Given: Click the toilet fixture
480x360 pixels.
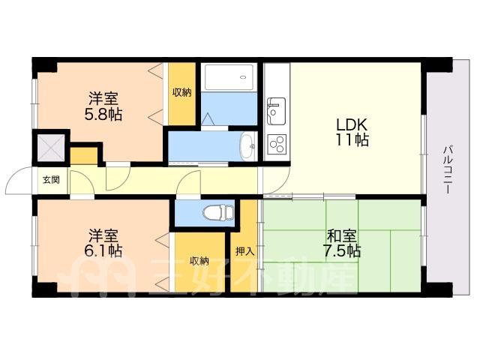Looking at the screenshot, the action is point(218,212).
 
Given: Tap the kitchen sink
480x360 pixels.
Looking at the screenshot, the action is point(276,111).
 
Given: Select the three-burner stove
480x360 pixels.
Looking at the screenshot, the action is point(277,143).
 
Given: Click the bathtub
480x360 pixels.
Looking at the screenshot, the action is point(229,76).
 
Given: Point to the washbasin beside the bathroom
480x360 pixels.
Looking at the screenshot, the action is point(248,146).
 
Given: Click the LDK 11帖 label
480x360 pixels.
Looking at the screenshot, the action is point(352,132).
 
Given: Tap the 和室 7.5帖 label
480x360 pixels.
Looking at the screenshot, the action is point(342,244).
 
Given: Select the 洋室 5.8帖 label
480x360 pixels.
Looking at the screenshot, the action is point(103,106).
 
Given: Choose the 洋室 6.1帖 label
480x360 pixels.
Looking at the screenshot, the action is point(103,243).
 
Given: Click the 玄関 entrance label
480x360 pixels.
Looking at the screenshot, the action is point(50,180).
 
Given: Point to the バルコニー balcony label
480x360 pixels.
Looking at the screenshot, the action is point(448,170).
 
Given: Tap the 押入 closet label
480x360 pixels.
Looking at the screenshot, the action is point(244,252).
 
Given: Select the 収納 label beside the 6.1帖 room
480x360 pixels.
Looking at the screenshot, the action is point(199,261).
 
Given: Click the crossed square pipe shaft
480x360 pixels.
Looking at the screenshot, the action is point(51,148).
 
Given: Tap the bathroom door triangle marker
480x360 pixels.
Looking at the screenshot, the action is point(208,118).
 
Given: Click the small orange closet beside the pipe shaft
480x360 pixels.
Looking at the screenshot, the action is point(84,155).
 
